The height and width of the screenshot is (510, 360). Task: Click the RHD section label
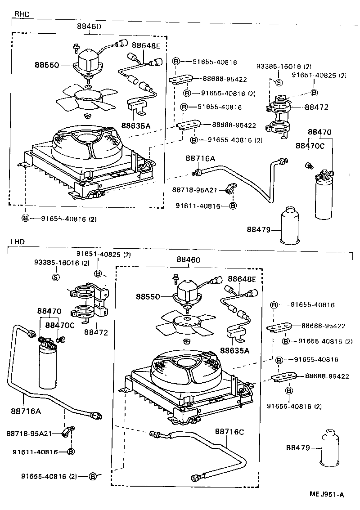22,14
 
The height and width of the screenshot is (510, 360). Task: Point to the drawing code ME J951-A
326,495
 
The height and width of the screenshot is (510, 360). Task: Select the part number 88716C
229,432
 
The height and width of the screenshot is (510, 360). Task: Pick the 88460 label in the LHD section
189,259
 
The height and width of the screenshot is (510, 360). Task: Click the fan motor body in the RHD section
88,62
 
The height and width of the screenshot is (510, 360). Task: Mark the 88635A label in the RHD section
135,125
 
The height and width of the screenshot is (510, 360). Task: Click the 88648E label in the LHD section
242,279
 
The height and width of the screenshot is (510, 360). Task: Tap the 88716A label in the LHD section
26,410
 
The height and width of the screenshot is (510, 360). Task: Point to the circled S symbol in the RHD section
278,82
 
